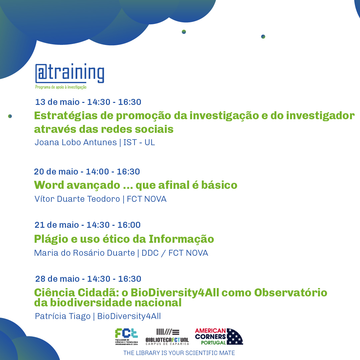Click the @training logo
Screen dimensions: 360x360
pos(70,73)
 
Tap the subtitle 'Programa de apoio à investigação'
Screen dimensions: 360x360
pos(61,87)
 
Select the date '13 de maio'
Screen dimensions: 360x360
pos(57,102)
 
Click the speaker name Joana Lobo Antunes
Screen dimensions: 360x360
pos(76,142)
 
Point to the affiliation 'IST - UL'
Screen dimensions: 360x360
pos(139,142)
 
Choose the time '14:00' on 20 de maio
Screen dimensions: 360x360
pos(97,172)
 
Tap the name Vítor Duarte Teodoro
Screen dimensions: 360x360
pos(77,199)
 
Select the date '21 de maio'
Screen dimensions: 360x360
pos(57,225)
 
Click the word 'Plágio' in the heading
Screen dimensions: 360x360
pos(51,239)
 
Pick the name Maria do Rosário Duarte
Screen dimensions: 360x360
pos(85,253)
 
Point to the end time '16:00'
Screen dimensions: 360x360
pos(129,225)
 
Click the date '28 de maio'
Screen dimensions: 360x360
pos(57,279)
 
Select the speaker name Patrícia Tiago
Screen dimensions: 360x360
pos(63,316)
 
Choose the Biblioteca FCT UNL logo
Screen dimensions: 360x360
pos(168,337)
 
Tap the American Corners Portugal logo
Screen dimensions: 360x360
pos(219,336)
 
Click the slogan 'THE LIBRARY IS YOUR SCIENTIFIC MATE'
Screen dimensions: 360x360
pos(179,353)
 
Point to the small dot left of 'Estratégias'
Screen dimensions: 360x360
pos(10,116)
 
